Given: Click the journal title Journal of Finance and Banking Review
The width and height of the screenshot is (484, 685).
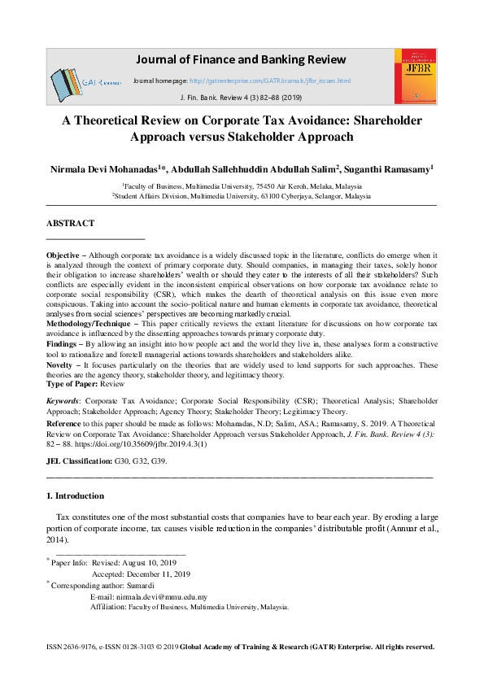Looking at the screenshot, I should pos(240,60).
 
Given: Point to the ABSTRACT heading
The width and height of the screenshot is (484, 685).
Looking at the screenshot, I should pos(71,223).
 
